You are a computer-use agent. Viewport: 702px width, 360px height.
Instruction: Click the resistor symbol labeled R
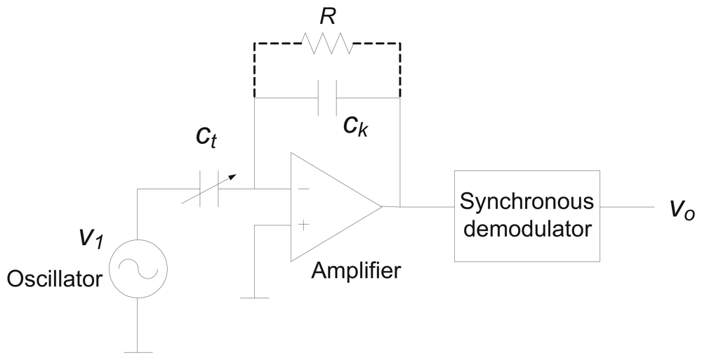328,44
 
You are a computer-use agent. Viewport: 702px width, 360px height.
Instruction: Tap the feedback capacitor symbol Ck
327,98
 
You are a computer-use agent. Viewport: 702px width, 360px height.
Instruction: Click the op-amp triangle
330,207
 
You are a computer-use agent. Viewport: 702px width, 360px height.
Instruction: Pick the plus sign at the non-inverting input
303,225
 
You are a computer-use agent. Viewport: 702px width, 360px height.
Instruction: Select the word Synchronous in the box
526,201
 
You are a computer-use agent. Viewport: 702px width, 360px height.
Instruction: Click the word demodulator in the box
526,228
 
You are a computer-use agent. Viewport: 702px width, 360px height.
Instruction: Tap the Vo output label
680,209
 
